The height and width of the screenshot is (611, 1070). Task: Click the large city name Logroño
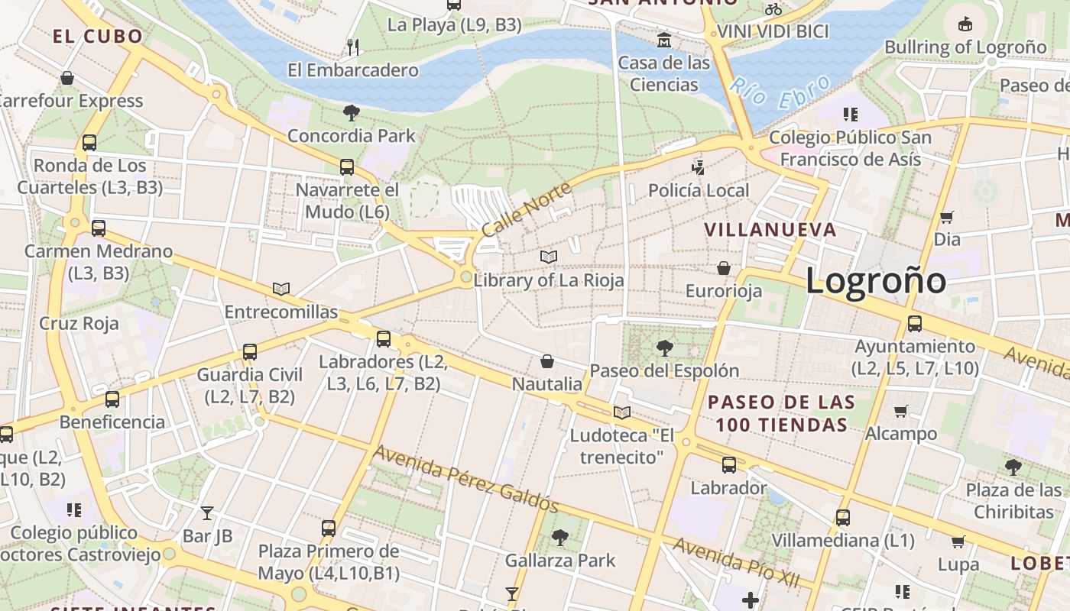876,281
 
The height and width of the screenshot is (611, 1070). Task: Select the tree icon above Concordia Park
352,114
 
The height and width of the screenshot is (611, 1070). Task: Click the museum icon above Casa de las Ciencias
664,40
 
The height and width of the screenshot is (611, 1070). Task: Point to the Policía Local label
699,190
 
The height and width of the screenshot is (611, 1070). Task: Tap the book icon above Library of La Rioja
549,257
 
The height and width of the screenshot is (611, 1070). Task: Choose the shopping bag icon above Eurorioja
723,268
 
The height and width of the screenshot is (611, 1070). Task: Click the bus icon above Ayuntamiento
915,323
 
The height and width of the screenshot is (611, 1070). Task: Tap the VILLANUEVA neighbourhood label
770,230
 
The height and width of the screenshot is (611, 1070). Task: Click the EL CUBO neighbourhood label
98,36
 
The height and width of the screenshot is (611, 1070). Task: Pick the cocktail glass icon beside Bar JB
207,512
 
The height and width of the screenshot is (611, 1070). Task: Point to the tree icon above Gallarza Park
560,538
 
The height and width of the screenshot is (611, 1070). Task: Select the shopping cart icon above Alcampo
901,411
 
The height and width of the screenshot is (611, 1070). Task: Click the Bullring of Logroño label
965,47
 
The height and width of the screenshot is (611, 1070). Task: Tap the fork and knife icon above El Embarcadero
352,47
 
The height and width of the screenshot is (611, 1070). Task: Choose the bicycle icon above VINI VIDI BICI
773,9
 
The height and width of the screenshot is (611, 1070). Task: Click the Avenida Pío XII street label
736,562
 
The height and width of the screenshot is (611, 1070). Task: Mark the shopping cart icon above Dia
947,217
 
